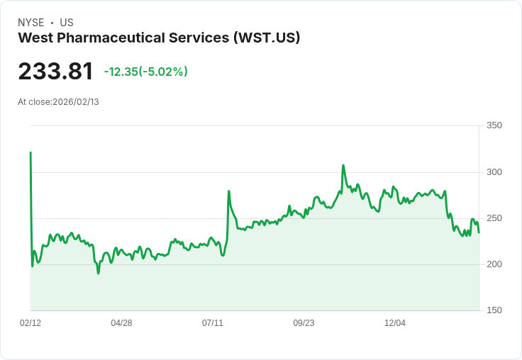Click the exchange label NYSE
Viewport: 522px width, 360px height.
pos(31,23)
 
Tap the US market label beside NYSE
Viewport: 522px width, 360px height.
pos(67,23)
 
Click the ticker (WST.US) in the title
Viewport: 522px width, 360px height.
pos(267,38)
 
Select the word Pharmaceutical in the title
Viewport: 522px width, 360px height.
pos(111,38)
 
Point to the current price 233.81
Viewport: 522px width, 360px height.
pos(55,72)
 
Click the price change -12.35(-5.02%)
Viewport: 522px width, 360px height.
pos(145,72)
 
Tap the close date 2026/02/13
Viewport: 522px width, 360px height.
pos(76,102)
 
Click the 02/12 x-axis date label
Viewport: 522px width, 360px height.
pos(30,323)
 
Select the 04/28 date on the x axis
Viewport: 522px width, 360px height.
pos(121,323)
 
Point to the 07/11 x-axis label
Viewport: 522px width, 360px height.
pos(213,323)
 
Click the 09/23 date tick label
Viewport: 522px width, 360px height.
pos(304,323)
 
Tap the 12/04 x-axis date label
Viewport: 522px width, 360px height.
pos(395,323)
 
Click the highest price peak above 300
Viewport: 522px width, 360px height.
pos(343,166)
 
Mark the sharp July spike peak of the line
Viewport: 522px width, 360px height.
pos(228,191)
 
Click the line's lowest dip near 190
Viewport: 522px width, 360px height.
pos(98,273)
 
